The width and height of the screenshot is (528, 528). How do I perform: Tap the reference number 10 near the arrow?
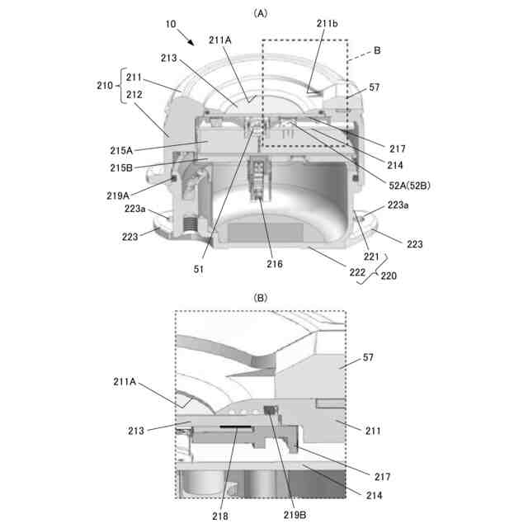(170, 26)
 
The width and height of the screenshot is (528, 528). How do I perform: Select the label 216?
(274, 264)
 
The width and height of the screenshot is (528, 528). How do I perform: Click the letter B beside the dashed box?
(377, 51)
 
